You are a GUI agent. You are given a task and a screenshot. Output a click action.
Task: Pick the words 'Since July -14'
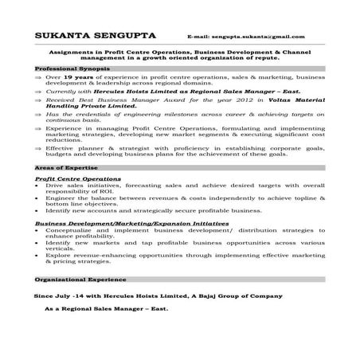pyautogui.click(x=58, y=295)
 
